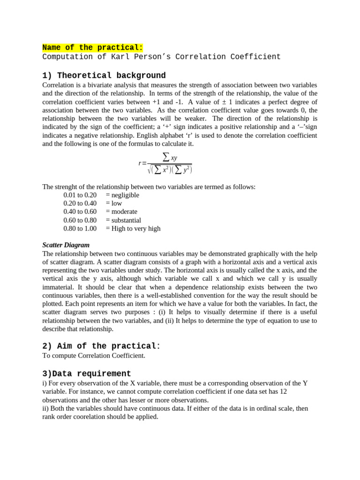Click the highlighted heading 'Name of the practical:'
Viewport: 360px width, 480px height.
[x=92, y=47]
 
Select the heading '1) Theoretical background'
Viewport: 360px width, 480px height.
[x=104, y=75]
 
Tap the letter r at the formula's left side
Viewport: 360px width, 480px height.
[x=140, y=163]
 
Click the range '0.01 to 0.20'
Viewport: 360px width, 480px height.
[x=80, y=195]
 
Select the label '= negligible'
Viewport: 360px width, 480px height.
[x=122, y=195]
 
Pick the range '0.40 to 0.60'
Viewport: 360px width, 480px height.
[x=80, y=211]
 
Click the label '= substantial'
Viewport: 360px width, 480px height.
[x=123, y=220]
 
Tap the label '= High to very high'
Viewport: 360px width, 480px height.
[x=133, y=228]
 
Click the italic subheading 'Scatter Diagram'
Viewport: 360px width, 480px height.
[x=66, y=245]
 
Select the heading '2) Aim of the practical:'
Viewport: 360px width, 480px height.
[x=101, y=346]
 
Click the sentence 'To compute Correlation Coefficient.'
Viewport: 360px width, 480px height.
[x=94, y=355]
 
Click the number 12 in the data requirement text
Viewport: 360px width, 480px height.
[x=282, y=391]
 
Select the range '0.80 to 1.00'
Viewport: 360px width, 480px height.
[x=80, y=228]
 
